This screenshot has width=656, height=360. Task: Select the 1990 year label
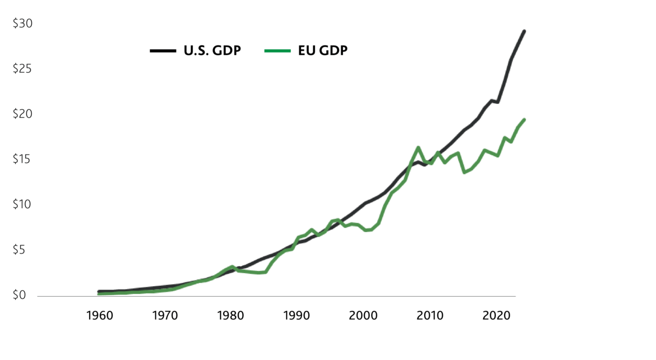pyautogui.click(x=296, y=316)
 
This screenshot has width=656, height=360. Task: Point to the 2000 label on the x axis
pyautogui.click(x=364, y=316)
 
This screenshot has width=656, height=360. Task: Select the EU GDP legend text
pyautogui.click(x=323, y=51)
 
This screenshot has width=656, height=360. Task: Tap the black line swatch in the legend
pyautogui.click(x=162, y=51)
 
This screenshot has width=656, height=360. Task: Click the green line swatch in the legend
pyautogui.click(x=277, y=51)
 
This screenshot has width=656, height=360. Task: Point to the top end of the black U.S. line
pyautogui.click(x=524, y=31)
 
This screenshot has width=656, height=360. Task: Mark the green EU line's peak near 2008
pyautogui.click(x=418, y=147)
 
